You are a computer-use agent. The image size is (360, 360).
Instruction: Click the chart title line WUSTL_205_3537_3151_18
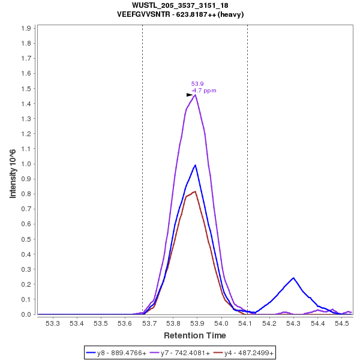tap(179, 5)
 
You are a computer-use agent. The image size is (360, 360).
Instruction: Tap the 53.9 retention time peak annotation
tap(197, 84)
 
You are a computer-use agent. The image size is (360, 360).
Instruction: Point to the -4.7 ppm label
tap(204, 91)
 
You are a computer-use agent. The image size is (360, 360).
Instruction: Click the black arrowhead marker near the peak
tap(190, 95)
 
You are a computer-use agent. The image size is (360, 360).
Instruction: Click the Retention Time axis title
tap(195, 335)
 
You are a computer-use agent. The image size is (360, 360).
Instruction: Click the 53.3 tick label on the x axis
tap(53, 323)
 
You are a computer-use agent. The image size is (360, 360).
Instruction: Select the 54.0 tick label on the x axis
tap(221, 323)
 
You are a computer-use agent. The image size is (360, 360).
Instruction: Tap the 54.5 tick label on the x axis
tap(342, 323)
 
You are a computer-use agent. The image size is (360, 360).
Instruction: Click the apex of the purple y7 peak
tap(196, 95)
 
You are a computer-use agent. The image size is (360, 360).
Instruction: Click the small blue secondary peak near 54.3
tap(293, 278)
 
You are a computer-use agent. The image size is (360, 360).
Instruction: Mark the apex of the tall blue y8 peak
tap(196, 164)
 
